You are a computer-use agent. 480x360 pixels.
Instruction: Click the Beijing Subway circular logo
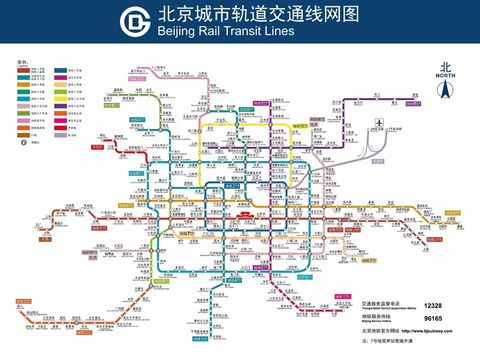click(x=133, y=22)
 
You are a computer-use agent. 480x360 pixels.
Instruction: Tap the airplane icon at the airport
click(x=379, y=123)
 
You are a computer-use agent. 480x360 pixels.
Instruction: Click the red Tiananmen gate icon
click(x=239, y=213)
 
